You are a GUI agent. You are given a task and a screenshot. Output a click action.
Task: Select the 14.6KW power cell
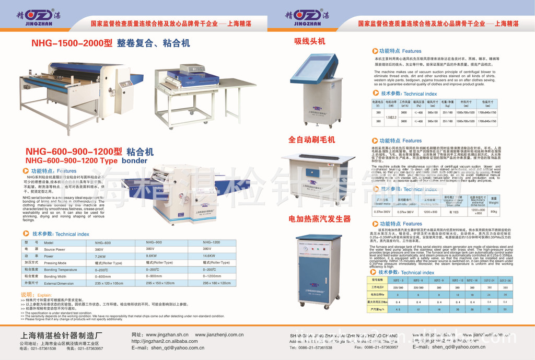click(x=208, y=256)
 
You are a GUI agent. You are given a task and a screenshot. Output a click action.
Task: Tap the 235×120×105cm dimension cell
click(x=109, y=283)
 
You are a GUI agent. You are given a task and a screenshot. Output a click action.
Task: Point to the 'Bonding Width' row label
click(x=55, y=276)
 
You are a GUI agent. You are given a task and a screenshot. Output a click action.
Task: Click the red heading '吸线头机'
click(x=309, y=41)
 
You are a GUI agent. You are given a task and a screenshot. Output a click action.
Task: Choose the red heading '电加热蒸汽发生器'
click(x=319, y=219)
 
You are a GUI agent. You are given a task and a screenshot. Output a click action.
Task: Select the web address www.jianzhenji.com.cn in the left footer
click(x=219, y=335)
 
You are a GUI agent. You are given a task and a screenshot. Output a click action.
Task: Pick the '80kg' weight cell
click(x=493, y=212)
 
